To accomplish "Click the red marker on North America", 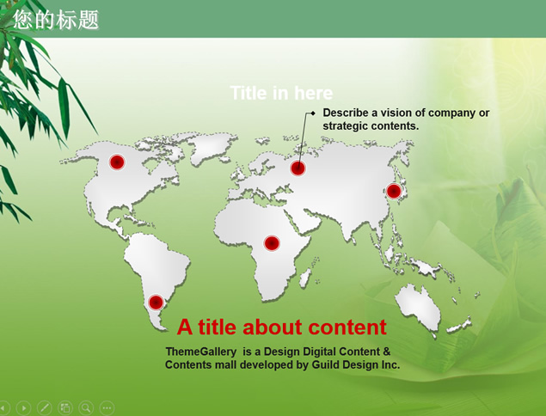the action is point(117,162).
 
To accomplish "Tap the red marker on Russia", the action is point(298,168).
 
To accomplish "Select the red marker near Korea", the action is point(394,191).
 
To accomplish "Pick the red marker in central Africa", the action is point(272,243).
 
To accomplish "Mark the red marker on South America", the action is point(156,303).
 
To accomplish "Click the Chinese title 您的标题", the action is point(57,20).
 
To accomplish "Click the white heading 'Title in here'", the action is point(281,94).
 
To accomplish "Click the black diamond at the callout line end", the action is point(313,113).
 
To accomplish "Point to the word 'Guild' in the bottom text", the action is point(325,364).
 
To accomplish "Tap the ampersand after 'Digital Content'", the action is point(387,352).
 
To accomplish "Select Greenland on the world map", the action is point(210,146).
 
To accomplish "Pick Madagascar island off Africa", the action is point(305,278).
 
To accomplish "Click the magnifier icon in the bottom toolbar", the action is point(86,407).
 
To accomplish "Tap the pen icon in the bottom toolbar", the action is point(44,407).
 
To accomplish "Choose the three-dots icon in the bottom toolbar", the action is point(107,407).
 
